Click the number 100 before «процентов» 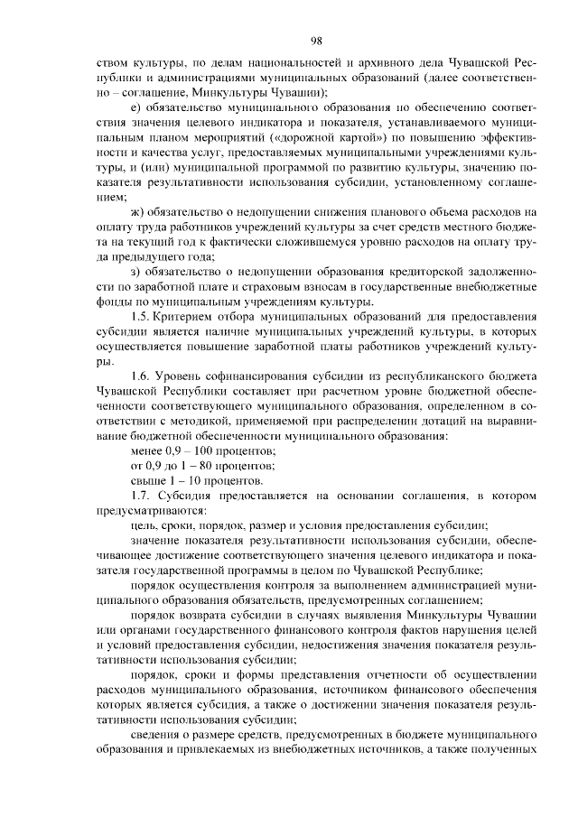[x=203, y=450]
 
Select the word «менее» [x=147, y=450]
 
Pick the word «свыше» [x=149, y=479]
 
